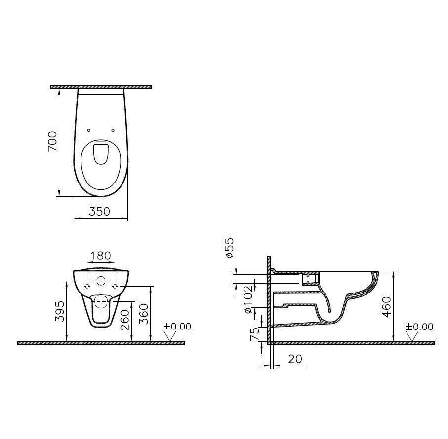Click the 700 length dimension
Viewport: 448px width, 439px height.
[53, 142]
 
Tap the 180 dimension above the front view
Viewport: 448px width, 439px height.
[100, 256]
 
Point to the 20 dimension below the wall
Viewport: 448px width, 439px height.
[294, 359]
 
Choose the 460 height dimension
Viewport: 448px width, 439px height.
[387, 307]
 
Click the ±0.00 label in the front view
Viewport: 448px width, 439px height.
[177, 327]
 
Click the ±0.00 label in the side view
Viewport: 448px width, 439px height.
[419, 327]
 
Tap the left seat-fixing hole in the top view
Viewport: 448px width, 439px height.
[89, 130]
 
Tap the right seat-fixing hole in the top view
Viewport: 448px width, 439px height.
[113, 130]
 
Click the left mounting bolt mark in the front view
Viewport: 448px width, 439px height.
[87, 286]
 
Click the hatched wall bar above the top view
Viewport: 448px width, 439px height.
[100, 87]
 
